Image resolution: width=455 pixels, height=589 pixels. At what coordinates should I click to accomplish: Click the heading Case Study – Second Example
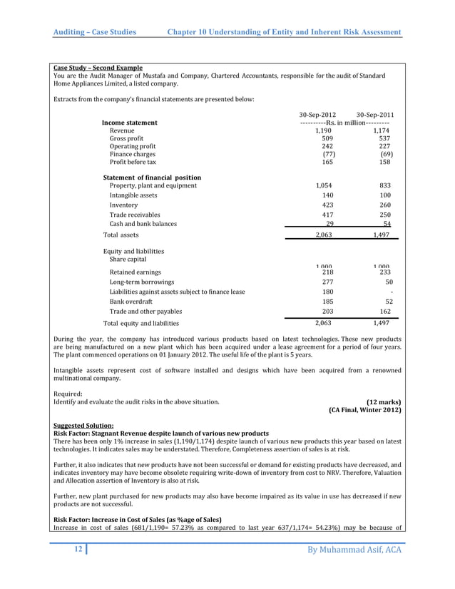pyautogui.click(x=98, y=68)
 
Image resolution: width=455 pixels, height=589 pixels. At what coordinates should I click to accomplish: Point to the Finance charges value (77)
pyautogui.click(x=329, y=154)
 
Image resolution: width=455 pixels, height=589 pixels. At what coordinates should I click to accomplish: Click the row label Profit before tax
pyautogui.click(x=133, y=163)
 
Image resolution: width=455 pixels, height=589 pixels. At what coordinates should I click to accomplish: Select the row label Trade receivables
pyautogui.click(x=135, y=215)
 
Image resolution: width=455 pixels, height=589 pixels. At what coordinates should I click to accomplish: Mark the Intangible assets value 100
pyautogui.click(x=386, y=195)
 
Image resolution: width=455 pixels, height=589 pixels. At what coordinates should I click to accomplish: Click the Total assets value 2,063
pyautogui.click(x=323, y=235)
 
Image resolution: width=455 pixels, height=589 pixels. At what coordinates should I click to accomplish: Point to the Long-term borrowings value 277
pyautogui.click(x=328, y=282)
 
